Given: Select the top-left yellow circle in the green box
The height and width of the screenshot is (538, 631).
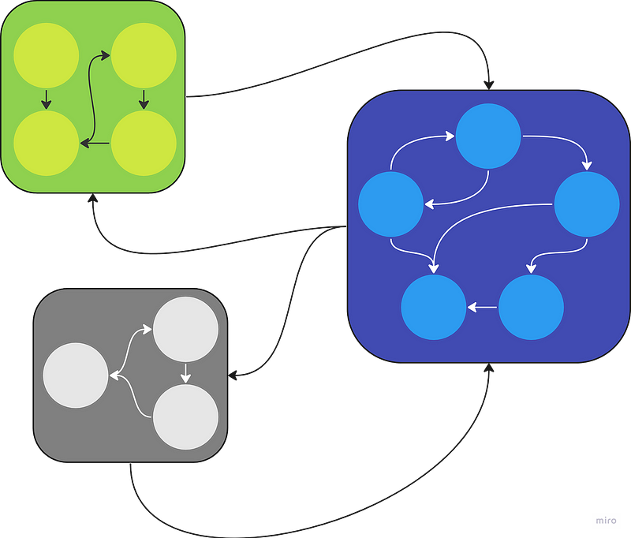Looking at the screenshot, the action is [46, 56].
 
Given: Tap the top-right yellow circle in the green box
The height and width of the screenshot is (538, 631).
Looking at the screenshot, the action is [144, 56].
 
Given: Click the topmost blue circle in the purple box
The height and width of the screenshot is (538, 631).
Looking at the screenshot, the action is [488, 136].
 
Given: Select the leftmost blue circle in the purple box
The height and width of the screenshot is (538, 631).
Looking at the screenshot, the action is [390, 204].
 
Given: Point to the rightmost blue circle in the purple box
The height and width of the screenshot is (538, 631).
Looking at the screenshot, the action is [587, 204].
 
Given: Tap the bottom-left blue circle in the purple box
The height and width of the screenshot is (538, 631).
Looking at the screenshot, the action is [434, 307].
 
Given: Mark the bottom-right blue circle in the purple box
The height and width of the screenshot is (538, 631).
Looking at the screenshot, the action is [531, 307].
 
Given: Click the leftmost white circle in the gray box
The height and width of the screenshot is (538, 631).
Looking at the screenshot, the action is [75, 375].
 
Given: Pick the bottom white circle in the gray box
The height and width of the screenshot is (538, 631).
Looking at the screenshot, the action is [185, 417].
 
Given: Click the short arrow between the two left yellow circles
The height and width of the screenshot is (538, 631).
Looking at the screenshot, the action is [46, 99].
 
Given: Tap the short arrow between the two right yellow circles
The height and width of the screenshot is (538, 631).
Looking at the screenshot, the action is [144, 99].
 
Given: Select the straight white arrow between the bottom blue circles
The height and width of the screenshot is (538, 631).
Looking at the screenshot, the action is [482, 307].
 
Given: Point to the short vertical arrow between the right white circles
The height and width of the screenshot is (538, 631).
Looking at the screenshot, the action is [185, 373].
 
